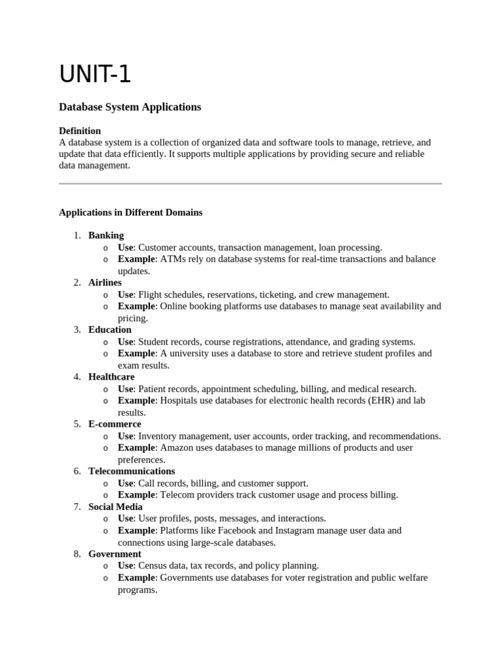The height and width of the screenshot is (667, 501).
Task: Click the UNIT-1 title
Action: pos(95,75)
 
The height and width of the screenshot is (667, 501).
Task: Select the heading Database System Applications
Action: pos(130,107)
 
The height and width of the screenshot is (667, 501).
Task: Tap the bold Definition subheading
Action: pos(80,130)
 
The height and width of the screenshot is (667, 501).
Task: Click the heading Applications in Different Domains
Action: pos(130,212)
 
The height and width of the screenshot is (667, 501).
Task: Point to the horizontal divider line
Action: pos(250,184)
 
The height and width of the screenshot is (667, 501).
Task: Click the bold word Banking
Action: pos(106,235)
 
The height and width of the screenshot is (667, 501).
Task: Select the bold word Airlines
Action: pos(105,283)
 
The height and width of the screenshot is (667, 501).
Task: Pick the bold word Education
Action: pos(110,330)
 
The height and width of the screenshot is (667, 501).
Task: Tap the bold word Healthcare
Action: pos(112,376)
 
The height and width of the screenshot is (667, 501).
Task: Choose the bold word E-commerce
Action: pos(115,424)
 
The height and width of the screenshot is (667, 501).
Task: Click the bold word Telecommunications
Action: pos(132,471)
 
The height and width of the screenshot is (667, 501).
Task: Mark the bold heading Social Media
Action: pos(115,507)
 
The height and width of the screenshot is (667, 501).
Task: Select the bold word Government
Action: pos(115,554)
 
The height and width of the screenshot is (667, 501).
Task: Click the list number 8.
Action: pos(76,554)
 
